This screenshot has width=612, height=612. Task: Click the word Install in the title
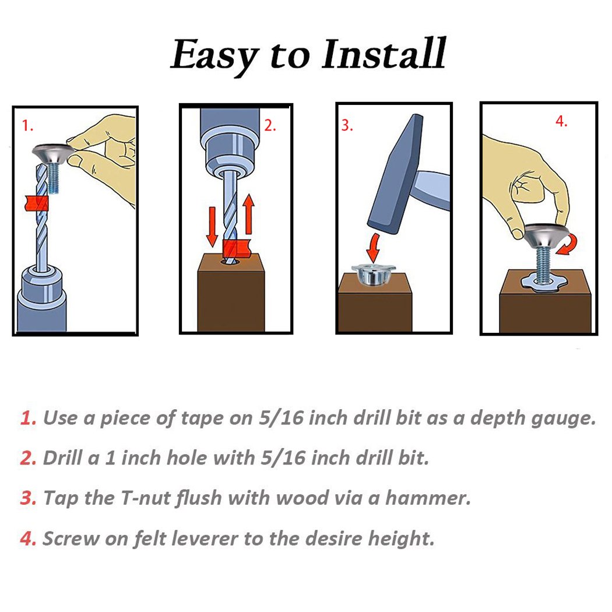(x=384, y=54)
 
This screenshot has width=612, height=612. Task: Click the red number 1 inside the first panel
(x=27, y=126)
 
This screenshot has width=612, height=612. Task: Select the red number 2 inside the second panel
(x=270, y=125)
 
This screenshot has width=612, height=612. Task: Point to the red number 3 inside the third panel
(x=347, y=125)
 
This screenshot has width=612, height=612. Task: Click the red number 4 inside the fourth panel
(x=561, y=121)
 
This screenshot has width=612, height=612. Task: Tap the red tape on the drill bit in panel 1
(x=36, y=203)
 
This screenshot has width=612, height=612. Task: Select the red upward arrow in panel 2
(x=248, y=214)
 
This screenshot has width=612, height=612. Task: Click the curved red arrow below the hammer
(x=374, y=248)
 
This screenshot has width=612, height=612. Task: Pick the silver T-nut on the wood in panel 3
(x=374, y=275)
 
